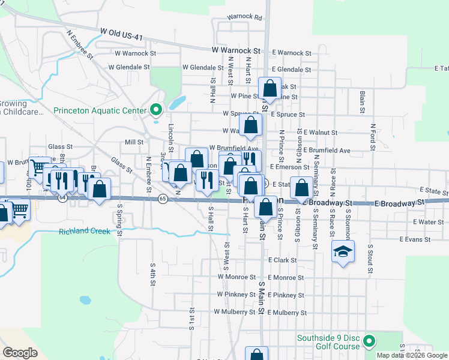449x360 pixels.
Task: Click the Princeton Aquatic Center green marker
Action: tap(156, 110)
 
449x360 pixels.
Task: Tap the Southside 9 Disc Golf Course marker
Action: tap(369, 341)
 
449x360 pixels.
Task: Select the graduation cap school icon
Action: tap(343, 251)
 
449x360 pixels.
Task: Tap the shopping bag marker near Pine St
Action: tap(270, 88)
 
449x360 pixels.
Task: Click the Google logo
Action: tap(20, 353)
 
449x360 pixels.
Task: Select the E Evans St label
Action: tap(414, 239)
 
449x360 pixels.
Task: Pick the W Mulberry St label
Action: tap(238, 312)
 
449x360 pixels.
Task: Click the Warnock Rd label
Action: tap(245, 18)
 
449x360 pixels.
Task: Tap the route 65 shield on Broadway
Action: tap(162, 198)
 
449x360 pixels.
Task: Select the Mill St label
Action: tap(134, 142)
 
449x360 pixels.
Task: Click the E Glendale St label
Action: tap(291, 70)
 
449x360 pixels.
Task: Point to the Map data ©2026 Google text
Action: tap(411, 355)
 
